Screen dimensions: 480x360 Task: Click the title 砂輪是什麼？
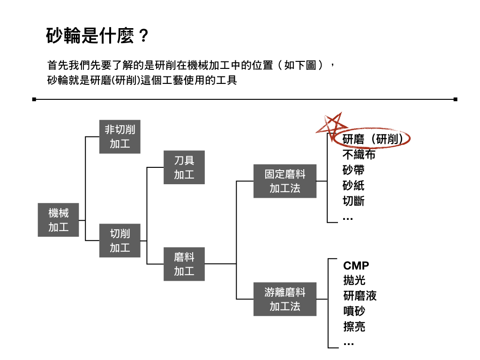point(97,36)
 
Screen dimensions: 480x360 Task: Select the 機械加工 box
point(58,220)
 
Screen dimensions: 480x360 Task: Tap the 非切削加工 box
point(120,136)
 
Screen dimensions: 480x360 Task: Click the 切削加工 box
point(120,240)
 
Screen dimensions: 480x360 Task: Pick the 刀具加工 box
point(184,167)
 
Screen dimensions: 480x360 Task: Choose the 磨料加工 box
point(184,264)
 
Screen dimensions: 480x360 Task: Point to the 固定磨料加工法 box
point(285,181)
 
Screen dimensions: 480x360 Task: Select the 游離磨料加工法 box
point(285,299)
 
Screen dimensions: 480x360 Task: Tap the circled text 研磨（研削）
point(372,139)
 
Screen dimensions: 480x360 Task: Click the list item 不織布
point(359,155)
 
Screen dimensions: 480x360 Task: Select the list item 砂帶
point(353,170)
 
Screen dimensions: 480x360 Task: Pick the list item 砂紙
point(353,186)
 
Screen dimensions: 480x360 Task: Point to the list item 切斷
point(353,201)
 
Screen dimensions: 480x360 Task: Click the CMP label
point(356,265)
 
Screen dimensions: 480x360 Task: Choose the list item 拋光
point(354,280)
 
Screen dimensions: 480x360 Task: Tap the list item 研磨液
point(360,296)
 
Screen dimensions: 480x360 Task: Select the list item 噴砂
point(354,311)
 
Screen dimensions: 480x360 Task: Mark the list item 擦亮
point(354,327)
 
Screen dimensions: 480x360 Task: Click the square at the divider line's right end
point(456,99)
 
